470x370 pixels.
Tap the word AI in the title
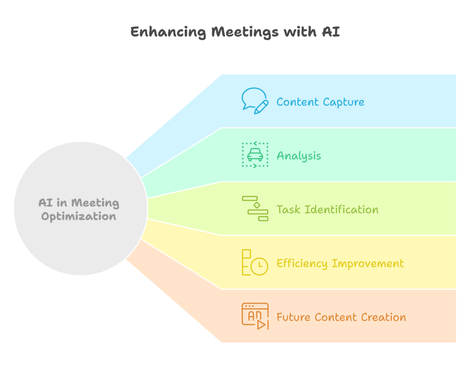[331, 32]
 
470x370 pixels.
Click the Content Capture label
[320, 102]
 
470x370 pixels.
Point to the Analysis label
[298, 156]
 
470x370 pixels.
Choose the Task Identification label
[327, 210]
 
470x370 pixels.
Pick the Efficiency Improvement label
[340, 263]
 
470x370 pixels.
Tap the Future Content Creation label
[341, 317]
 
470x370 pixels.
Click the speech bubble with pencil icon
[255, 101]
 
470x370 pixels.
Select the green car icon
[255, 154]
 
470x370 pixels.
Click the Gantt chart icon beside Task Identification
[255, 209]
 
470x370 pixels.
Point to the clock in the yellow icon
[259, 266]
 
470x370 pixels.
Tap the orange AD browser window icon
[255, 316]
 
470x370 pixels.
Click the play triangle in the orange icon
[261, 324]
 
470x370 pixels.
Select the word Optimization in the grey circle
[78, 216]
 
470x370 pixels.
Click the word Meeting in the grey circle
[95, 203]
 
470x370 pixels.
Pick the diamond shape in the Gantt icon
[257, 205]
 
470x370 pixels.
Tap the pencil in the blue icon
[261, 108]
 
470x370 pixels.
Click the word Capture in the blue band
[343, 102]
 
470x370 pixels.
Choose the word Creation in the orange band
[383, 317]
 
